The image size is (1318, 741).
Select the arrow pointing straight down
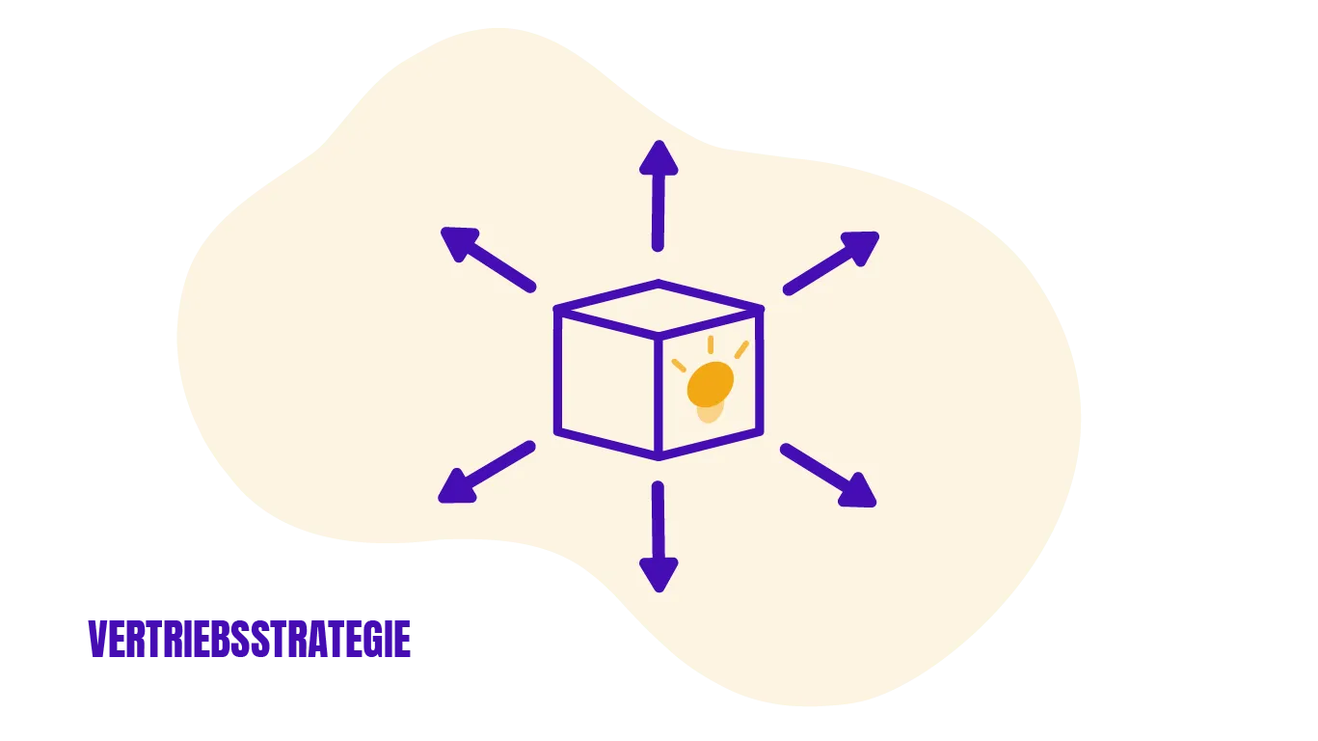click(659, 537)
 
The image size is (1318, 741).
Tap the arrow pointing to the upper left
click(489, 260)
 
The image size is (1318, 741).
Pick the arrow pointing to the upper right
click(831, 263)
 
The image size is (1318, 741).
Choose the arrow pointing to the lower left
click(487, 472)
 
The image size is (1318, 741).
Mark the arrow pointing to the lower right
click(828, 476)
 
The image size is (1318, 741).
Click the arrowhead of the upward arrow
click(659, 158)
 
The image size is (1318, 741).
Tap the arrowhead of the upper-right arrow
click(861, 246)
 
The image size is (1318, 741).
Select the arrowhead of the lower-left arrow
click(457, 487)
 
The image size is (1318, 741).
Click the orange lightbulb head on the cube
click(711, 384)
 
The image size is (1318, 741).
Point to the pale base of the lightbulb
click(711, 412)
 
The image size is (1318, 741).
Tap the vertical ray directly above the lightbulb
click(711, 344)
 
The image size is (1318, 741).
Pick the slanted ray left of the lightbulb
click(679, 366)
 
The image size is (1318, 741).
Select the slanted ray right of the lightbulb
click(742, 349)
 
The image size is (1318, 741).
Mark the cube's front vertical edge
click(659, 398)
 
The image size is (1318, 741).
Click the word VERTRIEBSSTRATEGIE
click(250, 639)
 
